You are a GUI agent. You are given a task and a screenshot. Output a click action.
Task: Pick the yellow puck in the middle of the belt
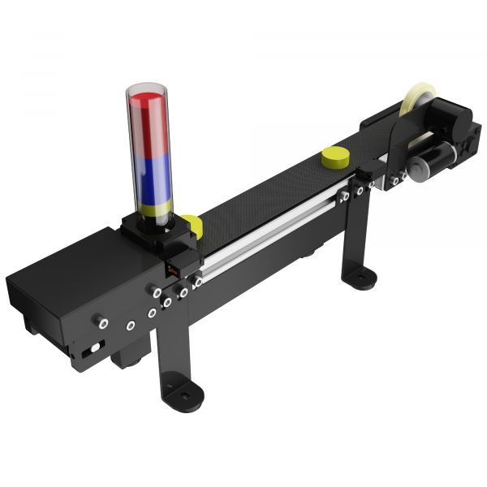point(334,157)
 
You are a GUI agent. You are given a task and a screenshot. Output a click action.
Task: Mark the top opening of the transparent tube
point(147,88)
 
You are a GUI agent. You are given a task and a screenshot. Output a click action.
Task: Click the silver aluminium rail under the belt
point(268,235)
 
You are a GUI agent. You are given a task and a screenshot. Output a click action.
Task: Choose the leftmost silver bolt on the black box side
point(103,322)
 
